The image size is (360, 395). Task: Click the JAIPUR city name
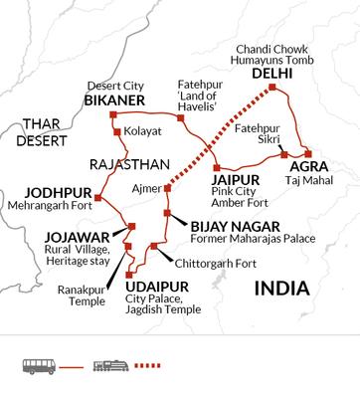[232, 180]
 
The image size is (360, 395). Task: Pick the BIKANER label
[116, 101]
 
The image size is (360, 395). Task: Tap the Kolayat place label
[142, 131]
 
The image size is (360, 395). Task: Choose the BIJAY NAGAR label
[228, 225]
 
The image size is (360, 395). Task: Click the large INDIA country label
[281, 289]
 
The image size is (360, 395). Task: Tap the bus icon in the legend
[38, 365]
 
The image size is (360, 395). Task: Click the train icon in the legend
[111, 365]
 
